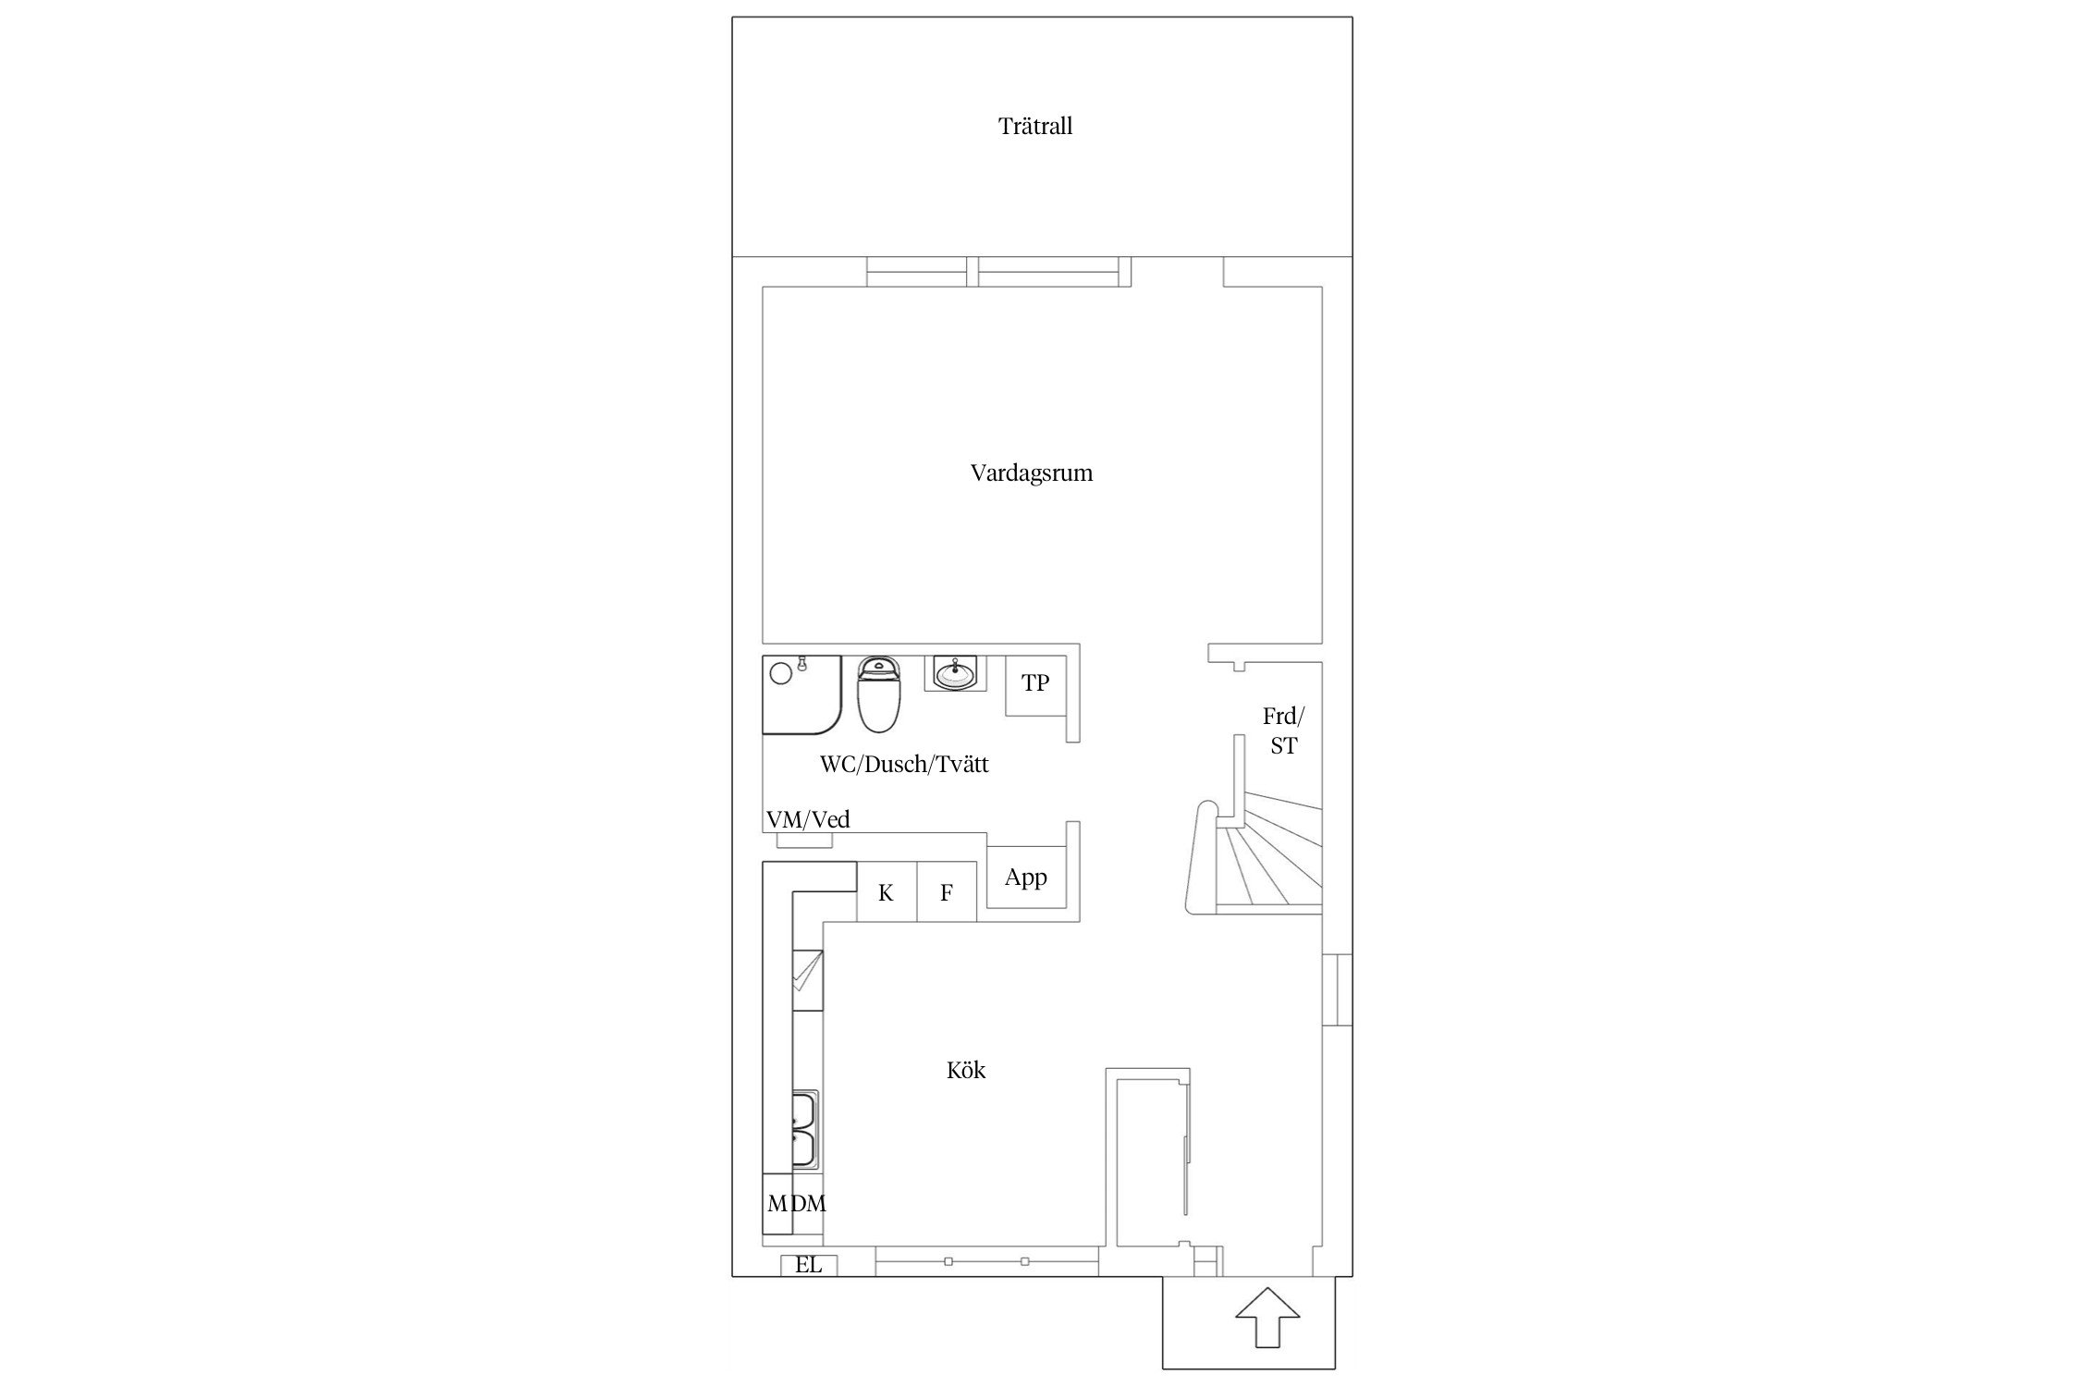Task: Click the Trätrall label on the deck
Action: click(1035, 126)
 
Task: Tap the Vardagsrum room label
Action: click(1032, 473)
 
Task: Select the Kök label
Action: click(966, 1070)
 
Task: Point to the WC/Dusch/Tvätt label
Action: click(904, 764)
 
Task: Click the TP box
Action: click(1036, 685)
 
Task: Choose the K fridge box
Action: click(887, 891)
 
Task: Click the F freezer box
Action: click(947, 891)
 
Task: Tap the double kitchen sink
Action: click(805, 1131)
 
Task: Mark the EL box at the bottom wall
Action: click(809, 1265)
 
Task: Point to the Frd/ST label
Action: click(1283, 730)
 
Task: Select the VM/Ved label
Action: click(808, 819)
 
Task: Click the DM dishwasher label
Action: click(809, 1203)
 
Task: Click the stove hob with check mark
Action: click(807, 980)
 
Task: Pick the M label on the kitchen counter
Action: click(777, 1203)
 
